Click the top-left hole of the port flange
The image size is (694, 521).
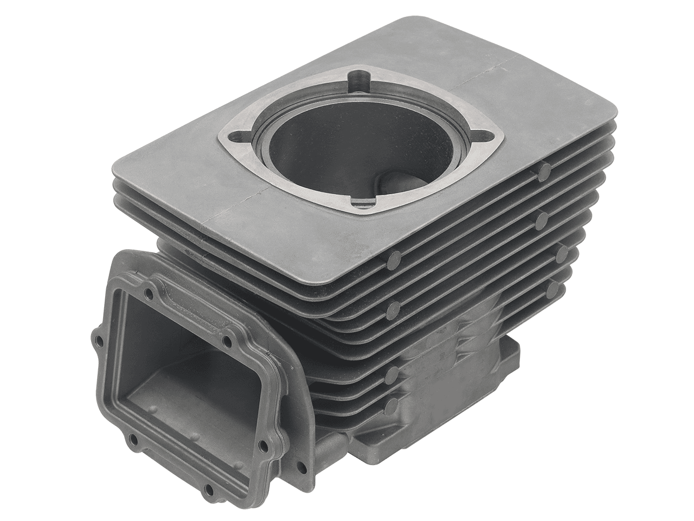[147, 294]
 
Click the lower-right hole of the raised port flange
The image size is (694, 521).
[263, 445]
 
